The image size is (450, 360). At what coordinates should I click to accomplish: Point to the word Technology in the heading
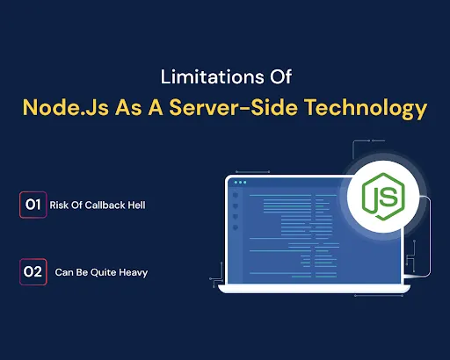[x=372, y=109]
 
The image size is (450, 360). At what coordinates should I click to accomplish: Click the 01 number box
[x=33, y=206]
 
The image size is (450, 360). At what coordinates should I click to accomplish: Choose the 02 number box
[x=33, y=272]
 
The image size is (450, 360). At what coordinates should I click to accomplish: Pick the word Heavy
[x=134, y=273]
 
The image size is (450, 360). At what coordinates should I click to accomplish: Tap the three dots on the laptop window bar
[x=239, y=184]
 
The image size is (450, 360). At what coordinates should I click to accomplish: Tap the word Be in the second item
[x=83, y=273]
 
